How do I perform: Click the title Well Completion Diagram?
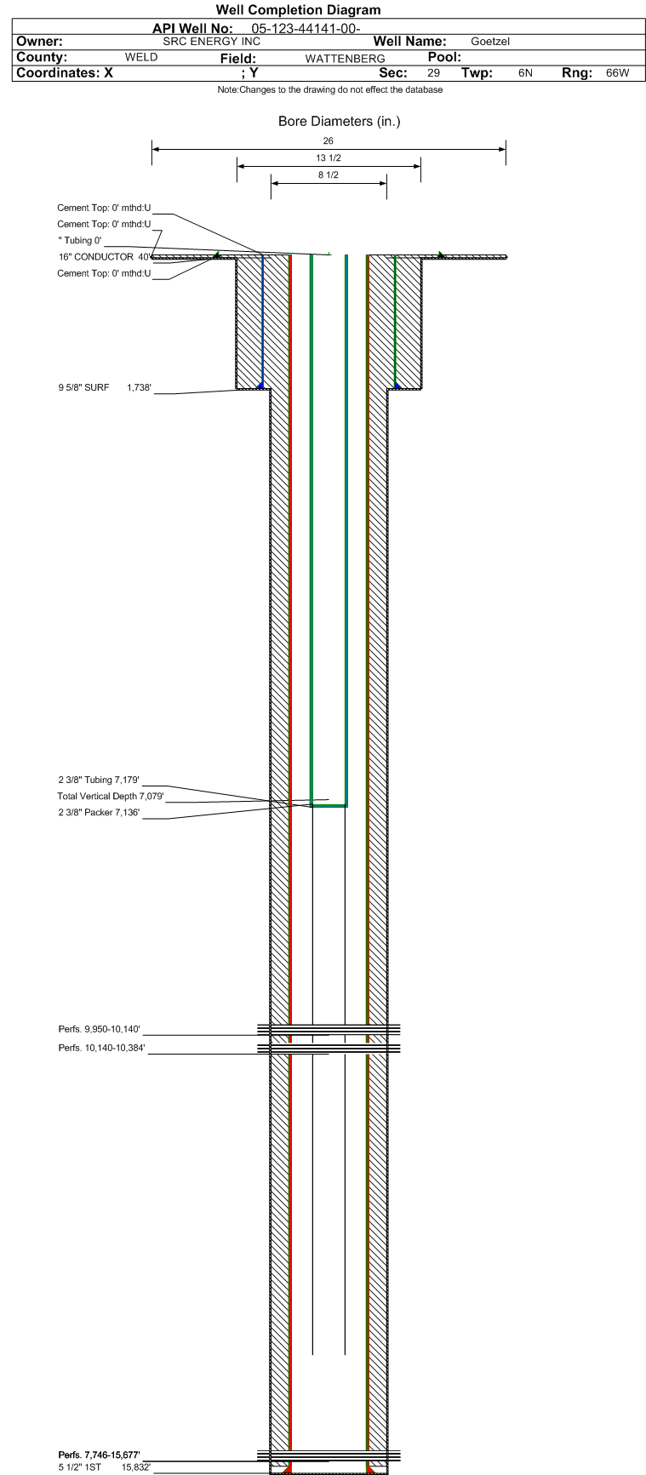click(298, 10)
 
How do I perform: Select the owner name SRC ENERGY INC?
click(212, 41)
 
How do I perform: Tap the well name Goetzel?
click(490, 42)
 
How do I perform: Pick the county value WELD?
click(141, 57)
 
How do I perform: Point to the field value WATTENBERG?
click(345, 59)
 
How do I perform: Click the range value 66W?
click(618, 73)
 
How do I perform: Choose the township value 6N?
click(525, 73)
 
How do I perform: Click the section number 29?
click(434, 73)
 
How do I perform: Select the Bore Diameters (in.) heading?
click(339, 122)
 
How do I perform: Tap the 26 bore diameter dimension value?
click(329, 140)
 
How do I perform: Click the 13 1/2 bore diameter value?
click(329, 158)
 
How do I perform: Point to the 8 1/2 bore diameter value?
click(329, 175)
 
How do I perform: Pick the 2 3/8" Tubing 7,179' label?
click(99, 780)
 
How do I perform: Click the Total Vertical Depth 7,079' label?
click(111, 797)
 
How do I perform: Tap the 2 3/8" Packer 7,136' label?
click(99, 813)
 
